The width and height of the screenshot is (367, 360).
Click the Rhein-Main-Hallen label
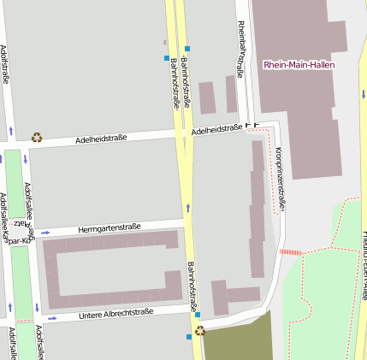pos(299,65)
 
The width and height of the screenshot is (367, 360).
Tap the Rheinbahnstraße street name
pos(240,49)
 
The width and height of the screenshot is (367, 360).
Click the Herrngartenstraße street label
pos(109,227)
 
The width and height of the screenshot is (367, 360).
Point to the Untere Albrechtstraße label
pos(115,314)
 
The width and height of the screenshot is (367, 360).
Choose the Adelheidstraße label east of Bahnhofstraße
pos(216,129)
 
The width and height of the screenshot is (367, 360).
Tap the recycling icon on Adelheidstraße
pos(37,136)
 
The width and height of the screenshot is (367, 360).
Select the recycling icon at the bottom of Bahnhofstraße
pos(199,330)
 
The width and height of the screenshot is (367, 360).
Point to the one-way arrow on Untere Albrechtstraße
pos(52,318)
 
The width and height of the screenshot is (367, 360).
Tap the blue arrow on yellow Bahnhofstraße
pos(187,208)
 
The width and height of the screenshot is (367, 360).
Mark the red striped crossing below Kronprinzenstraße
pos(291,251)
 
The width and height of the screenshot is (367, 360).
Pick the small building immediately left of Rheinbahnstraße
pos(230,93)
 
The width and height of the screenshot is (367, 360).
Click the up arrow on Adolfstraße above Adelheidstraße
pos(11,131)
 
